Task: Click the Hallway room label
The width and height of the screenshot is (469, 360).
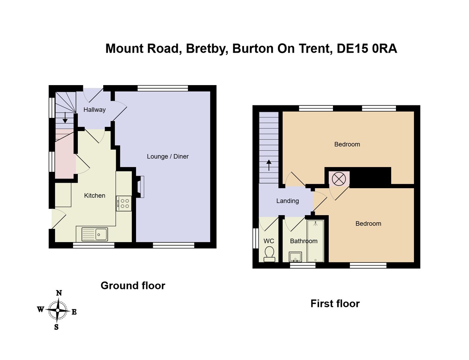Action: [94, 110]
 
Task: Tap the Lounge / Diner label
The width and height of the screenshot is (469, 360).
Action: [168, 157]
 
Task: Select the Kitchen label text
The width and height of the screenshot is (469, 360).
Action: [95, 196]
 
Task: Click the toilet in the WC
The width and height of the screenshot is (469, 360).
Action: [269, 254]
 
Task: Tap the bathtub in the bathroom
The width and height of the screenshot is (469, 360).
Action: [315, 241]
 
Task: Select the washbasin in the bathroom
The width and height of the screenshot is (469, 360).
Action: [295, 257]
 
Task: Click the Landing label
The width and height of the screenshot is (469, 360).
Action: [287, 201]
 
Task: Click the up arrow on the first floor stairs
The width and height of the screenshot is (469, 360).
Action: [269, 165]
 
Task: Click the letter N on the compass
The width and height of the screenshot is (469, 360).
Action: [59, 293]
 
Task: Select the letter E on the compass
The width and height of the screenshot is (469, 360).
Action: [74, 312]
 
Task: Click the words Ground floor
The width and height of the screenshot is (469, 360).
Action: [133, 285]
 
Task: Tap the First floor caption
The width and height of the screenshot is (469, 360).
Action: [335, 303]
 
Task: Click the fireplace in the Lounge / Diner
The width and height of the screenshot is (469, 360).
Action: [140, 186]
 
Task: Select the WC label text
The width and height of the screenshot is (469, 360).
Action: [269, 241]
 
